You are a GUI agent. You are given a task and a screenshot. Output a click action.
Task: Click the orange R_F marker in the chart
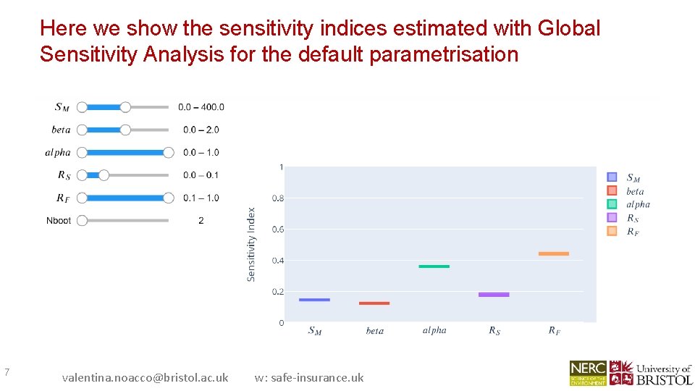[554, 253]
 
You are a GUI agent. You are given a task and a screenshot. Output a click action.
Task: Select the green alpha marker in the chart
[434, 266]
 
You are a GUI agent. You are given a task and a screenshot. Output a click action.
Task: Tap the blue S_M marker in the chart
[314, 300]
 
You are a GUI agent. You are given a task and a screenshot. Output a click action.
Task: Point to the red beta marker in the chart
[374, 303]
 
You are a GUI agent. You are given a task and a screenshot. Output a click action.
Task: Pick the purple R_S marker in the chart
[494, 295]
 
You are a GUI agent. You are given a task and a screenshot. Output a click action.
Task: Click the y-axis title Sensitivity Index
[251, 245]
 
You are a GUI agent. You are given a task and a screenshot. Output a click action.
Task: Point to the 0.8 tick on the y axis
[278, 198]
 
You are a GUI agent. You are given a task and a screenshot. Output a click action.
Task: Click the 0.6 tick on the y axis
[278, 230]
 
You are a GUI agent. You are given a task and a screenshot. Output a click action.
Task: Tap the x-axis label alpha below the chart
[434, 330]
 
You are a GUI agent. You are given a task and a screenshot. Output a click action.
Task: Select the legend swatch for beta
[612, 191]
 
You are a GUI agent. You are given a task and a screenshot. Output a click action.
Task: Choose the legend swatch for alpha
[612, 204]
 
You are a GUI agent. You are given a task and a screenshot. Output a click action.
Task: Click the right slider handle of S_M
[125, 107]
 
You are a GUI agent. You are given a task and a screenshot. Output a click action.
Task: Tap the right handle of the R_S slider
[104, 175]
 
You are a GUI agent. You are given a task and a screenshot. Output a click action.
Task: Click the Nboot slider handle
[82, 220]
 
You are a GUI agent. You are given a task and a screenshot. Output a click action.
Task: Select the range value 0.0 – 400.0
[201, 107]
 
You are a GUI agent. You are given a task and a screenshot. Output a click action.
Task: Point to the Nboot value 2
[201, 220]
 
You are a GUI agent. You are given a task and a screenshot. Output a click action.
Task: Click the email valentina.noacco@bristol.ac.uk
[145, 377]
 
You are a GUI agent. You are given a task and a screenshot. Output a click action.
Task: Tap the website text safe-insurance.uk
[309, 377]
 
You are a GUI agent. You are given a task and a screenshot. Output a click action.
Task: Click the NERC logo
[588, 372]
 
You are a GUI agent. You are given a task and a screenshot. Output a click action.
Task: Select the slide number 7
[7, 372]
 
